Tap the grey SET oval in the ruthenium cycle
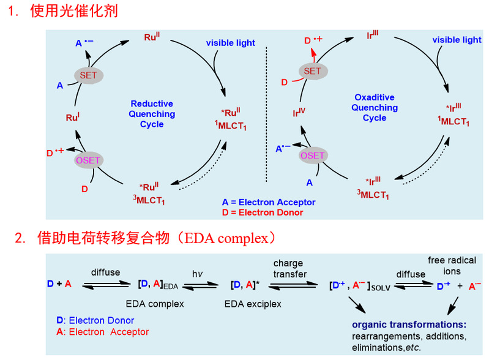point(89,75)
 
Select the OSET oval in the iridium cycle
point(312,156)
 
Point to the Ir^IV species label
point(299,113)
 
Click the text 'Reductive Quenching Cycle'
point(152,114)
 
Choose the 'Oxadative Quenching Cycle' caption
point(375,107)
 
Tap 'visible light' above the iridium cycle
point(457,40)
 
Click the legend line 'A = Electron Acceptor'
point(269,202)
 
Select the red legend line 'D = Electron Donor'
point(263,212)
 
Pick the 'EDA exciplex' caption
point(254,302)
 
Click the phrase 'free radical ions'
point(453,265)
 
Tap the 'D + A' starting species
point(59,284)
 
